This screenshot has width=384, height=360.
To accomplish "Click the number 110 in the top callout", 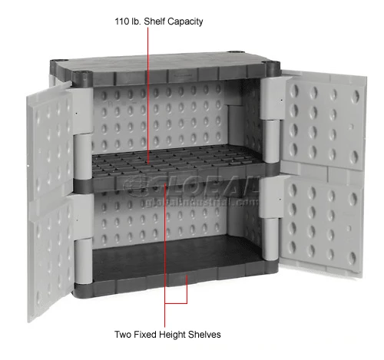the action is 121,21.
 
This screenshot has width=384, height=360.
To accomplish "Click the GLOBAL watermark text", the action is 190,185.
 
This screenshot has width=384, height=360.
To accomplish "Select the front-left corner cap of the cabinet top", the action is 82,78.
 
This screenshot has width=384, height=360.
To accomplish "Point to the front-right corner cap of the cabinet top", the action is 271,68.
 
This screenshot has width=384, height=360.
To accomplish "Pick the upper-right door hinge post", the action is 271,140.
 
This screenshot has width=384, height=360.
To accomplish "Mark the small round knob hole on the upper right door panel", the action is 352,127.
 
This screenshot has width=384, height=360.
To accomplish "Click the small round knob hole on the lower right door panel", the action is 349,228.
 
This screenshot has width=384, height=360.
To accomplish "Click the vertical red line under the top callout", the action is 147,94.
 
